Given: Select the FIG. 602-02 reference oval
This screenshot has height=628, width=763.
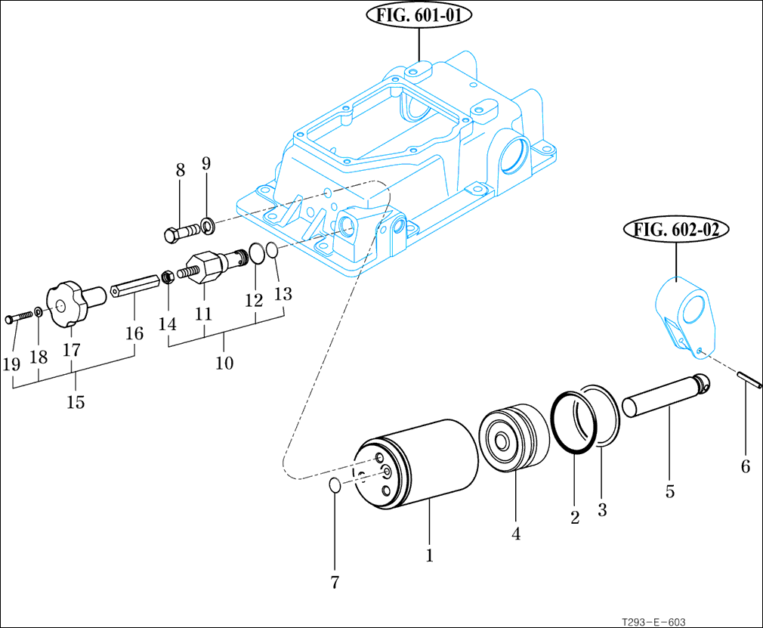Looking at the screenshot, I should [675, 230].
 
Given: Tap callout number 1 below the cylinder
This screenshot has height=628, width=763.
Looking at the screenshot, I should [429, 556].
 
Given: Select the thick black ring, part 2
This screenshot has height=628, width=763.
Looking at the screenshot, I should [573, 422].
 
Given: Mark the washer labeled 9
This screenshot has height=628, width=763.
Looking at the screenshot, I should [208, 224].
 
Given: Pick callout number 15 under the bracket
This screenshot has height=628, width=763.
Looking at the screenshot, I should [75, 401].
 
